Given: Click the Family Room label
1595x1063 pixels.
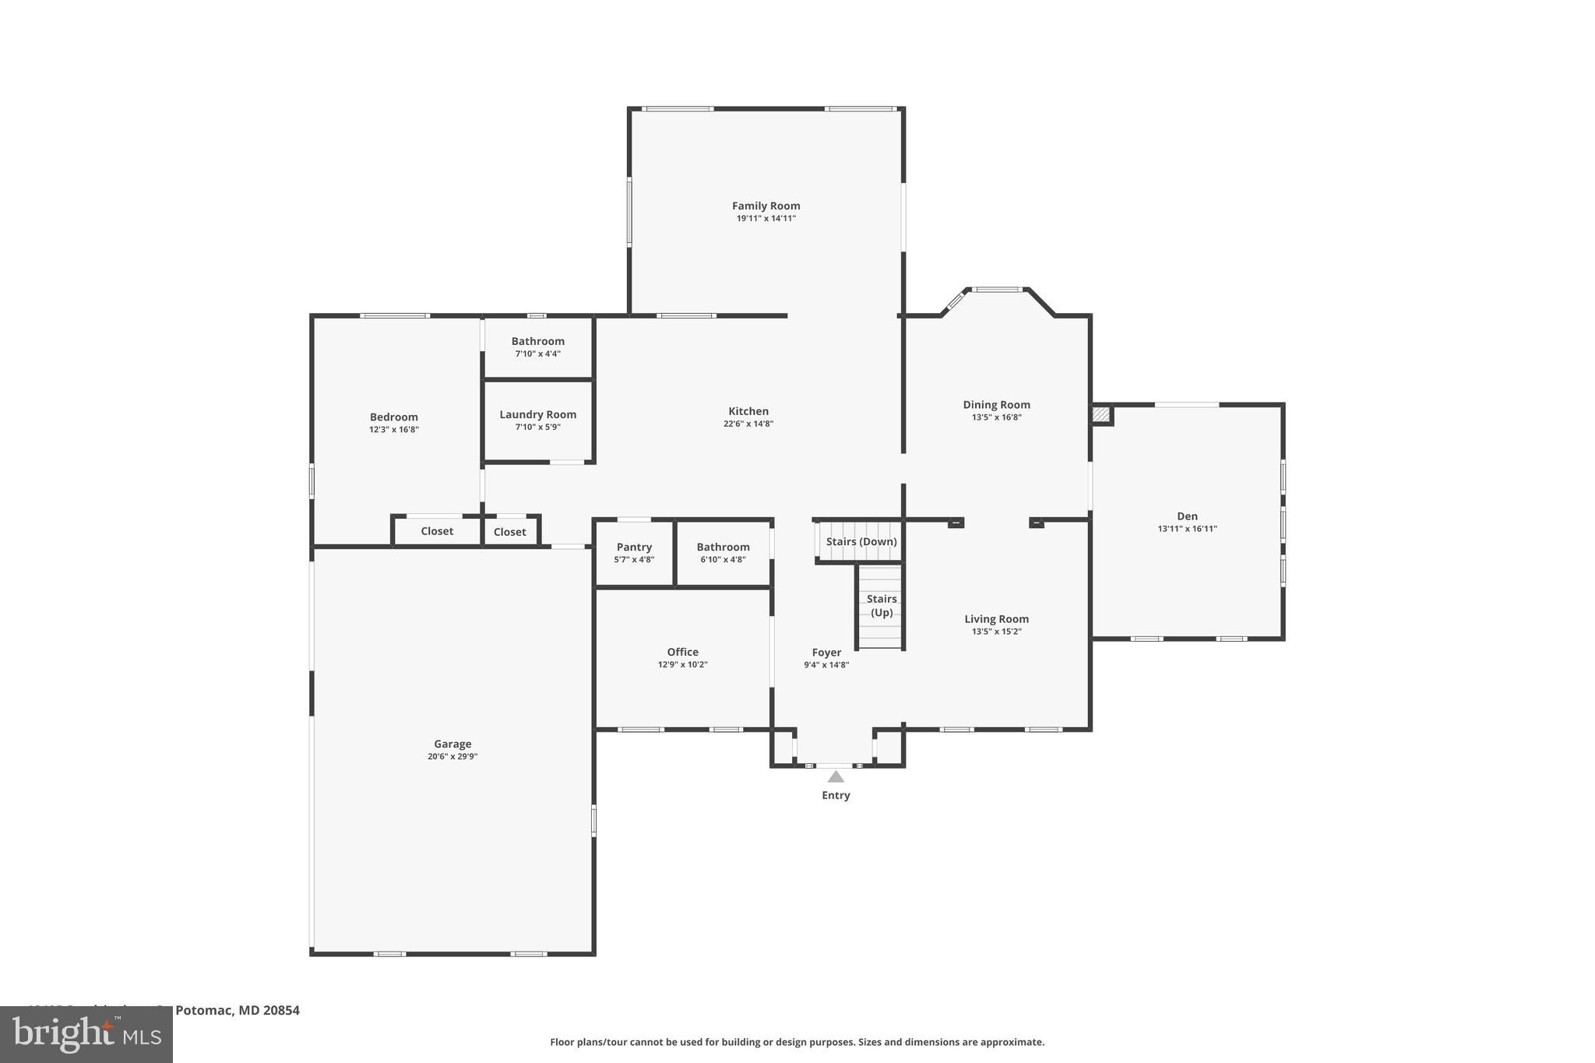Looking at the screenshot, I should tap(766, 206).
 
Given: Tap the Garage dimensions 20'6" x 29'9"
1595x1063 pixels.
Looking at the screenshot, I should tap(452, 756).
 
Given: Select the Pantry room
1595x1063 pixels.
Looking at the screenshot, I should tap(634, 552).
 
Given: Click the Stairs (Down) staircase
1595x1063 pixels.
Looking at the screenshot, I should tap(861, 542).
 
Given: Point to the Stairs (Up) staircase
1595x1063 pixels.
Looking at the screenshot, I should tap(881, 606).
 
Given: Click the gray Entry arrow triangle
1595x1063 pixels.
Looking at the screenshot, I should tap(836, 776).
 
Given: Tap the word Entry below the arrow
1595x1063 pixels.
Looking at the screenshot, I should tap(836, 795).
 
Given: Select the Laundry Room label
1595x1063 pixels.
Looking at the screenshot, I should tap(538, 414).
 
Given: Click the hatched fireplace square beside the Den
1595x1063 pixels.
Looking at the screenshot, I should tap(1100, 414).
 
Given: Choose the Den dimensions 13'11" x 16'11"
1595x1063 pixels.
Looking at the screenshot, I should tap(1187, 529).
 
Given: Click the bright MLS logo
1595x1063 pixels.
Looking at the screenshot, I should tap(86, 1035).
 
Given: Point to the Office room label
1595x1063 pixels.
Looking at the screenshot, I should tap(682, 652).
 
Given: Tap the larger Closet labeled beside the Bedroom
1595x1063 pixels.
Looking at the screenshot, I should tap(437, 531).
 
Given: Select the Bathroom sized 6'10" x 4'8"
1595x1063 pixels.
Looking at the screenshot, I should tap(723, 552).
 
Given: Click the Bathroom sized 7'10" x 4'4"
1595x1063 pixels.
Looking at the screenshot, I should tap(538, 347).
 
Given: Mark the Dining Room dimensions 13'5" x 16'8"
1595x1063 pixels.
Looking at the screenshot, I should tap(996, 417).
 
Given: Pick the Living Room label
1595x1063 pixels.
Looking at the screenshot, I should tap(996, 619).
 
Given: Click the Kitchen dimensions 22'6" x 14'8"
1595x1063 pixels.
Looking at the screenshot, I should tap(748, 424).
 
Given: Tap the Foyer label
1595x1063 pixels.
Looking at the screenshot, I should tap(826, 653).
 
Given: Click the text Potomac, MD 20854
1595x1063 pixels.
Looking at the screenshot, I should tap(237, 1010).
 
